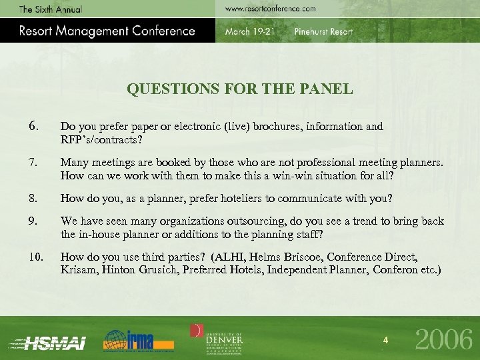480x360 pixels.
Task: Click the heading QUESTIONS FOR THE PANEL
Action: click(x=240, y=89)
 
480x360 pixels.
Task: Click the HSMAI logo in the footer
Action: click(x=50, y=341)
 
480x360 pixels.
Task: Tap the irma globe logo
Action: click(x=138, y=339)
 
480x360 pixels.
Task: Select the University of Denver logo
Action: click(x=218, y=337)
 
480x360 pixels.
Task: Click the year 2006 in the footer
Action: click(x=444, y=340)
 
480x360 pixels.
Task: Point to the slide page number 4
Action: click(x=385, y=341)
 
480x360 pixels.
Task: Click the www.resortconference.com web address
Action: click(x=270, y=9)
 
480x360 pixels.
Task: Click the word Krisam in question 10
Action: click(x=77, y=270)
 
